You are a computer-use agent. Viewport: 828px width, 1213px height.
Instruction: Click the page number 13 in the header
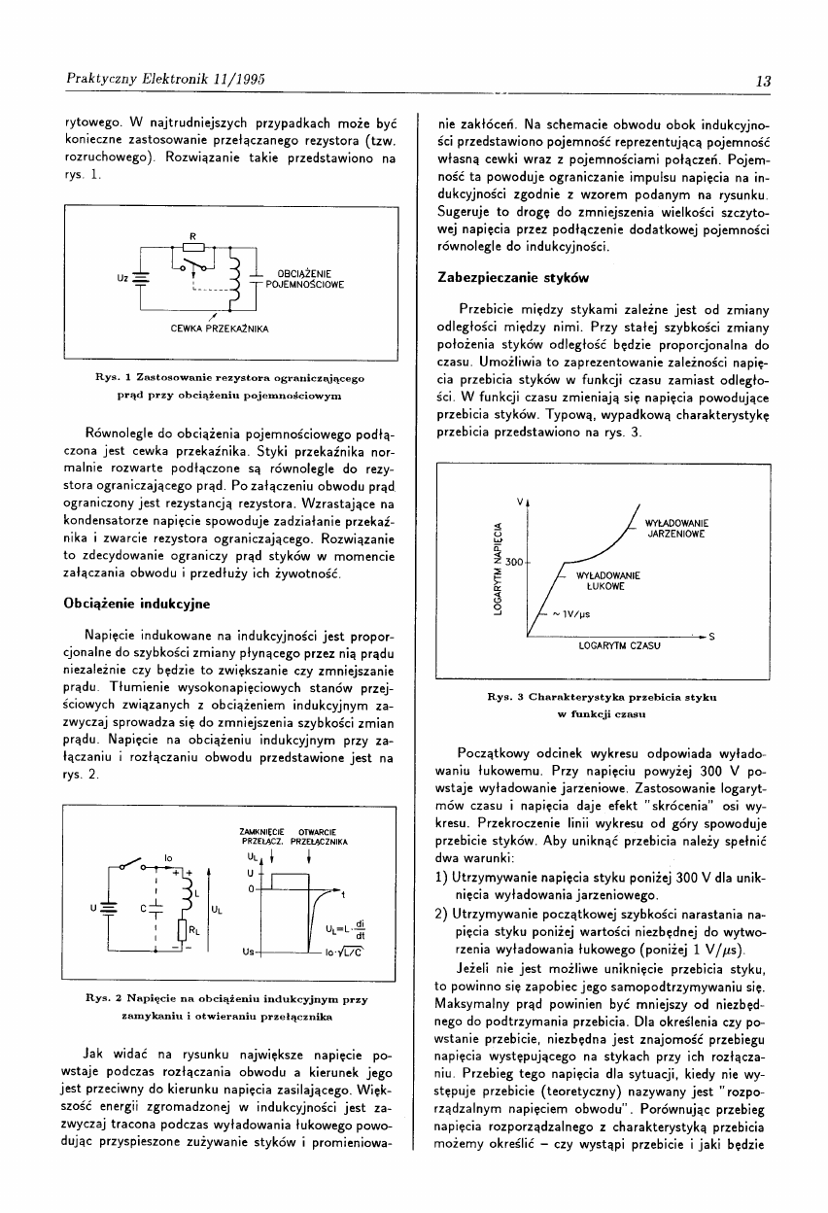[x=763, y=81]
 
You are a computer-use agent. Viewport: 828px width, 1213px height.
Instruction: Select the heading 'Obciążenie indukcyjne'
[x=137, y=603]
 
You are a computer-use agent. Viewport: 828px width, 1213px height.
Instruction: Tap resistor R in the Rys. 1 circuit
[x=195, y=247]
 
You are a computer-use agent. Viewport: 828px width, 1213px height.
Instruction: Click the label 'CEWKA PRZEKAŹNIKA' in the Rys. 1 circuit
[x=208, y=329]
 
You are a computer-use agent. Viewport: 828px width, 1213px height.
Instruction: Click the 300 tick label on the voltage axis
[x=514, y=562]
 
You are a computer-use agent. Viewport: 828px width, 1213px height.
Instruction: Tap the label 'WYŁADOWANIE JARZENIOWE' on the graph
[x=676, y=528]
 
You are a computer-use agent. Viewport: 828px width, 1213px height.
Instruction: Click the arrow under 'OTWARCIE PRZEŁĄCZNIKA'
[x=308, y=857]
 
